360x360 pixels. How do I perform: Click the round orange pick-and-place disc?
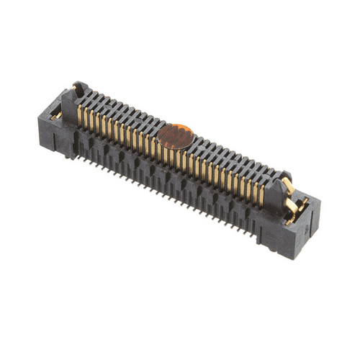176,135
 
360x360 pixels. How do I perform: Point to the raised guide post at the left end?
79,91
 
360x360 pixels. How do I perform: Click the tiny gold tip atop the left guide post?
77,84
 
